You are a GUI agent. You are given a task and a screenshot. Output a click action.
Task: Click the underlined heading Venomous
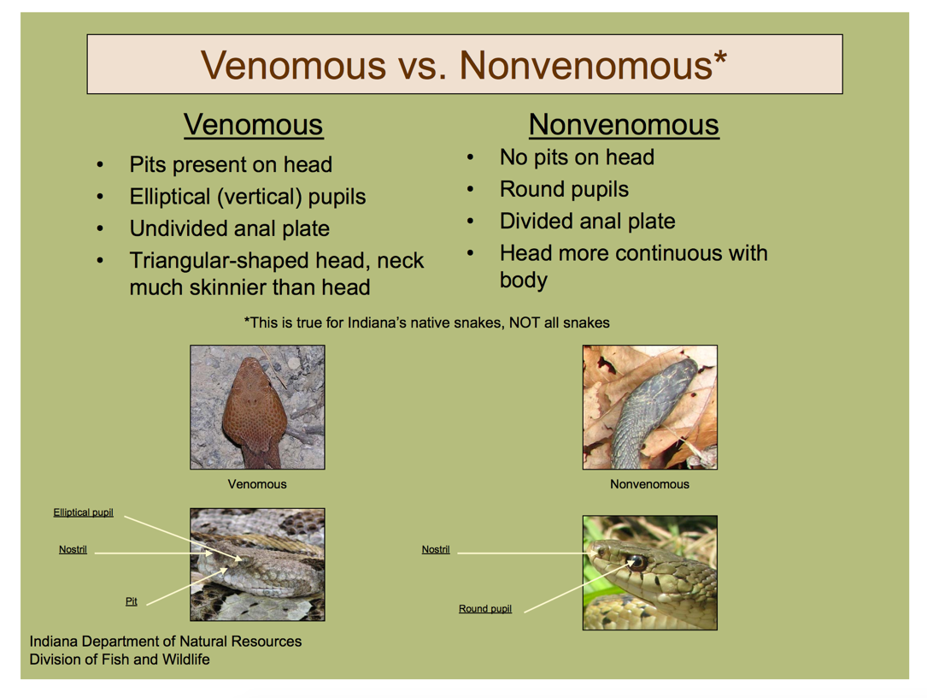point(254,125)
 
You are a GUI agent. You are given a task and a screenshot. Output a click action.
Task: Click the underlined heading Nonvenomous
point(624,125)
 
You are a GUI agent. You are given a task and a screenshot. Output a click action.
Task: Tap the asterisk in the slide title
point(719,58)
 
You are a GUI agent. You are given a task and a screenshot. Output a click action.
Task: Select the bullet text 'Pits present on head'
point(231,164)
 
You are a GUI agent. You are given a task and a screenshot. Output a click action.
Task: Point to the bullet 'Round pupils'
point(564,189)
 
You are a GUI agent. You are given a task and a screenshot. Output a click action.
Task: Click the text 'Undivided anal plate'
point(229,228)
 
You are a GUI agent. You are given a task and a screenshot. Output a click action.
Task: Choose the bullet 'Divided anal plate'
point(587,221)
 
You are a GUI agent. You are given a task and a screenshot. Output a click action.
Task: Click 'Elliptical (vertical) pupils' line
point(247,197)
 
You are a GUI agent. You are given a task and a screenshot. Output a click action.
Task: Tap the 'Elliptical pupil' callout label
point(84,512)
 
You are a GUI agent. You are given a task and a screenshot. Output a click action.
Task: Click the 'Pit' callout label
point(132,601)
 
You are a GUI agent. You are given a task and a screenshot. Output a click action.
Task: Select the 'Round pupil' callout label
point(485,608)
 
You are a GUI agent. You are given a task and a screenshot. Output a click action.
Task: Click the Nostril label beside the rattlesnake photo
point(73,549)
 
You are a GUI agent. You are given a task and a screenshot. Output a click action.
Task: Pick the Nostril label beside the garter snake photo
point(436,549)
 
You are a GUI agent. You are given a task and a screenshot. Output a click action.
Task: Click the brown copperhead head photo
point(257,407)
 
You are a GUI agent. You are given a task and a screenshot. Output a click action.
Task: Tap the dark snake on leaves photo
point(649,407)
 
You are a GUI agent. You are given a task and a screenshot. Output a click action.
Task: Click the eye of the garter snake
point(637,560)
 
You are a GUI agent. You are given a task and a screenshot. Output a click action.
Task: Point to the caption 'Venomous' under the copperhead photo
point(257,484)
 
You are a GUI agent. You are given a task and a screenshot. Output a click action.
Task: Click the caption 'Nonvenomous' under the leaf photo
point(649,484)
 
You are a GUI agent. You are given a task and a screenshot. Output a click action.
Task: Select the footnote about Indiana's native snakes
point(427,322)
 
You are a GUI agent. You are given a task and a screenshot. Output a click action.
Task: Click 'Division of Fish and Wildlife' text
point(120,660)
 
